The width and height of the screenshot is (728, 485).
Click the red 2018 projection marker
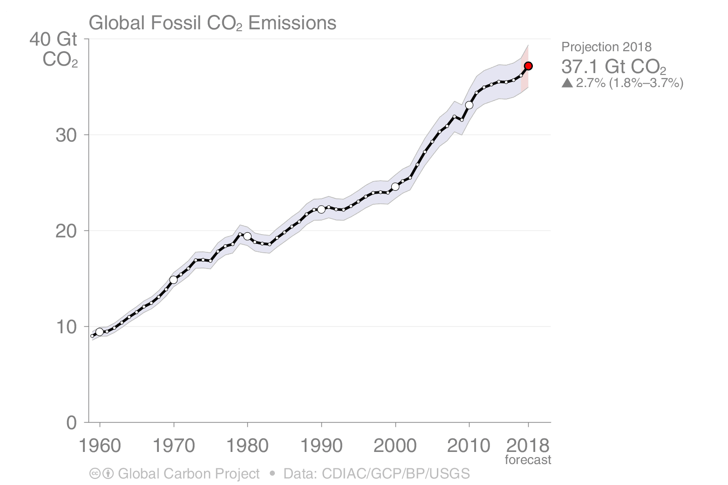point(528,66)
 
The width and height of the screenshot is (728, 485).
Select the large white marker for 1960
point(99,332)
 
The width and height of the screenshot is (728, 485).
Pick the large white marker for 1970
point(174,280)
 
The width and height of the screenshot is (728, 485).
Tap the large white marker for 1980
point(247,236)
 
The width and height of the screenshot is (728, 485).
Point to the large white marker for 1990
point(321,209)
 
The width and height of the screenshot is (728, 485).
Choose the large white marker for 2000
point(395,187)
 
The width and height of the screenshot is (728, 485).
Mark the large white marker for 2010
point(469,105)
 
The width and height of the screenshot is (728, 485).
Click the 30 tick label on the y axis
point(66,135)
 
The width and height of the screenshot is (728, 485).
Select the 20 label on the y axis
point(66,231)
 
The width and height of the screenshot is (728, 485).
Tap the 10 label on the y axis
point(66,327)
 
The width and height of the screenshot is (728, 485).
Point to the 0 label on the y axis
point(71,423)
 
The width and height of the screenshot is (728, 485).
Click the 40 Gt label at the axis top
point(53,40)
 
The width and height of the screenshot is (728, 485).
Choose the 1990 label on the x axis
point(321,445)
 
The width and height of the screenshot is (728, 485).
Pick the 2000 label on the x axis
point(395,445)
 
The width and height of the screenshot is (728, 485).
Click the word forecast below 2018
point(528,460)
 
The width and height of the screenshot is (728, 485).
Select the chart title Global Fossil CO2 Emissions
point(212,23)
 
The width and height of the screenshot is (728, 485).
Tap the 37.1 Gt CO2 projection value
point(613,67)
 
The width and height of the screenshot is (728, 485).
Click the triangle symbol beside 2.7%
point(567,83)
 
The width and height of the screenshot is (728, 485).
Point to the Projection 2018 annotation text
point(606,47)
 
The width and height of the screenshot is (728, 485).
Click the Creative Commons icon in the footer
point(95,474)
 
